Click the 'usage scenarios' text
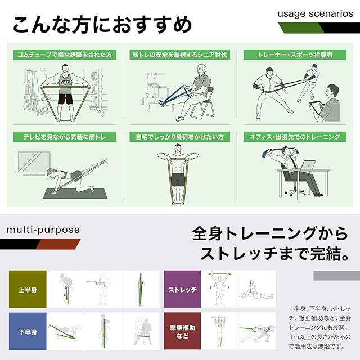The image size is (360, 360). [315, 13]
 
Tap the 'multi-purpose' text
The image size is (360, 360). [43, 229]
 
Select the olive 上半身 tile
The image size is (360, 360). [28, 289]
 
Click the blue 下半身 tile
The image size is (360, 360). [28, 331]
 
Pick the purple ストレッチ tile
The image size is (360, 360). [182, 289]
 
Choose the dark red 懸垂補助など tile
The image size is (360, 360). [182, 331]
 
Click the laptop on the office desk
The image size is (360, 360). [308, 165]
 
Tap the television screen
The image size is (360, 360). [34, 163]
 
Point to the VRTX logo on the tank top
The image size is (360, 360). [65, 82]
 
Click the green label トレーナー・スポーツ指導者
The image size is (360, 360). [295, 55]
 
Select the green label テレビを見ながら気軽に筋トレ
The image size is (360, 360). [65, 137]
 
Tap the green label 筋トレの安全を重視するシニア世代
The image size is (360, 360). [180, 55]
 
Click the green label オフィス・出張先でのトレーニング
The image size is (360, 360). [295, 137]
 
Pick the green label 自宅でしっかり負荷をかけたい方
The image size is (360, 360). [180, 137]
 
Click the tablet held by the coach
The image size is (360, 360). [315, 107]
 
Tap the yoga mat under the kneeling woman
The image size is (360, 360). [75, 193]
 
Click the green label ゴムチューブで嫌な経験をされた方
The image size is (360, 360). [65, 55]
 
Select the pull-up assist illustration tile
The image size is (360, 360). [220, 331]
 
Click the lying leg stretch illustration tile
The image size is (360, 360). [257, 289]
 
